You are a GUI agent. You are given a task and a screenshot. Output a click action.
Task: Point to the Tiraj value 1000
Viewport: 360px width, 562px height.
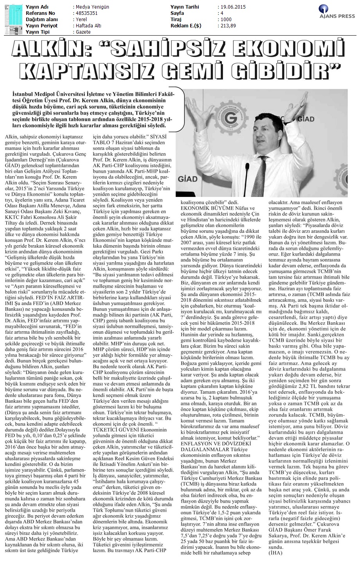click(226, 20)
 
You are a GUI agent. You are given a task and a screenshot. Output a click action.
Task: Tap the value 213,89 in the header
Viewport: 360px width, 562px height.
click(228, 26)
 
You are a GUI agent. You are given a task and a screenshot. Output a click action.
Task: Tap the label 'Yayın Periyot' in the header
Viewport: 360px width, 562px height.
click(41, 26)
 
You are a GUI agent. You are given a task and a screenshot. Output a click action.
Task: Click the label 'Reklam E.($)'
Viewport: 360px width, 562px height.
click(186, 26)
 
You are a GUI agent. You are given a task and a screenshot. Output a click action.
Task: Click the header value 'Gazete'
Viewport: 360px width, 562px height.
click(83, 32)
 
